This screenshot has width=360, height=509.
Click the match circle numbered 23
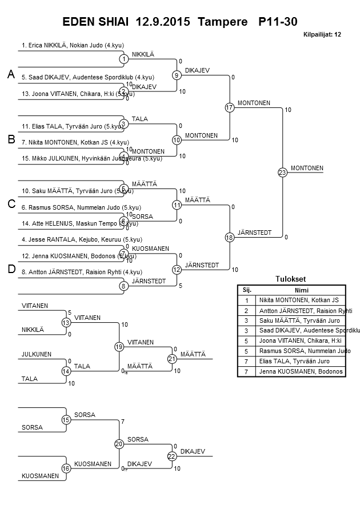tap(282, 172)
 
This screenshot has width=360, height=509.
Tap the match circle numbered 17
tap(230, 107)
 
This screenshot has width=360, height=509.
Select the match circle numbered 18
tap(230, 237)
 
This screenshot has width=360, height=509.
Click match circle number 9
tap(177, 75)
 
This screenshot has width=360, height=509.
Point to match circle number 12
tap(177, 270)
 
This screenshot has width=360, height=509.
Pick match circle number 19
tap(119, 346)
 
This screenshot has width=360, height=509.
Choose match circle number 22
tap(172, 456)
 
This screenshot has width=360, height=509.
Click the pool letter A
tap(10, 75)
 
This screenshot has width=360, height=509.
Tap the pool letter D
tap(10, 270)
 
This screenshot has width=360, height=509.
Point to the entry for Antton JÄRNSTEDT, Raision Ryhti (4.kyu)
tap(82, 272)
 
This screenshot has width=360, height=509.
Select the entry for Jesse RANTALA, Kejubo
tap(74, 239)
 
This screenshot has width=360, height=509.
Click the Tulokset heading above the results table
tap(291, 279)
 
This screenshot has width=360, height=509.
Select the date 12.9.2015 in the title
tap(164, 22)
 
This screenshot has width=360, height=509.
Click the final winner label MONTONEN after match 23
tap(307, 168)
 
